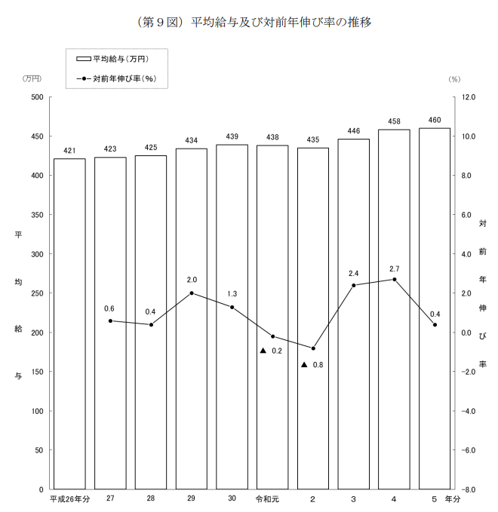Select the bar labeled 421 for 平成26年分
[x=69, y=324]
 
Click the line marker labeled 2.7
[x=394, y=280]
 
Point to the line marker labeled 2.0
[x=192, y=293]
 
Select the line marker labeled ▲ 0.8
[x=313, y=348]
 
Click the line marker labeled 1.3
[x=232, y=307]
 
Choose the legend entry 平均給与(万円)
[x=121, y=58]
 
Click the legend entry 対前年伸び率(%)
[x=121, y=77]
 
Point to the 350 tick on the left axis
[x=37, y=215]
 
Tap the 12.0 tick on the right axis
[x=468, y=97]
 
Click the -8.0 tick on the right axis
[x=468, y=490]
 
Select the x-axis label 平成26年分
[x=69, y=499]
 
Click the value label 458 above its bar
[x=394, y=121]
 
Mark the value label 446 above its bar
[x=353, y=130]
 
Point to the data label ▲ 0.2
[x=271, y=351]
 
